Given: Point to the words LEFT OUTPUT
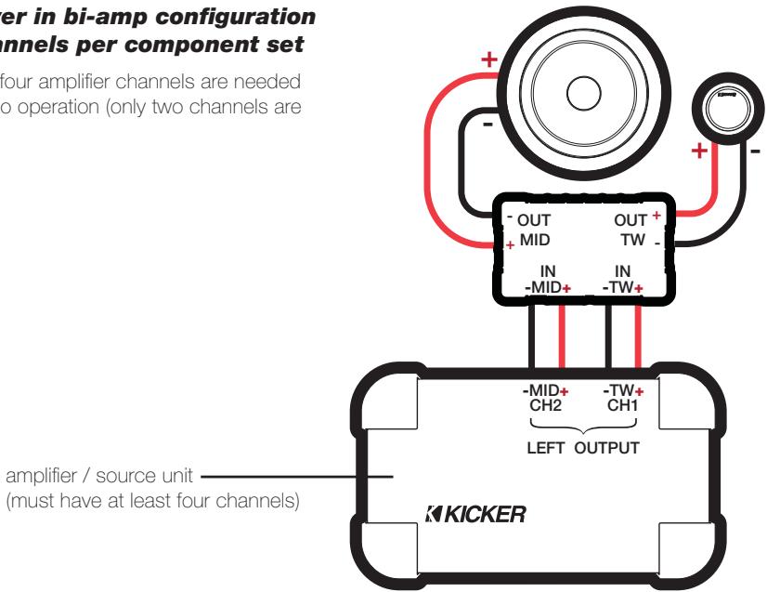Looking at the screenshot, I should pyautogui.click(x=582, y=447).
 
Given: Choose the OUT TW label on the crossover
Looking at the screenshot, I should pyautogui.click(x=634, y=230).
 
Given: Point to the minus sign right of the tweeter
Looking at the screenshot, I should pyautogui.click(x=754, y=151).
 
